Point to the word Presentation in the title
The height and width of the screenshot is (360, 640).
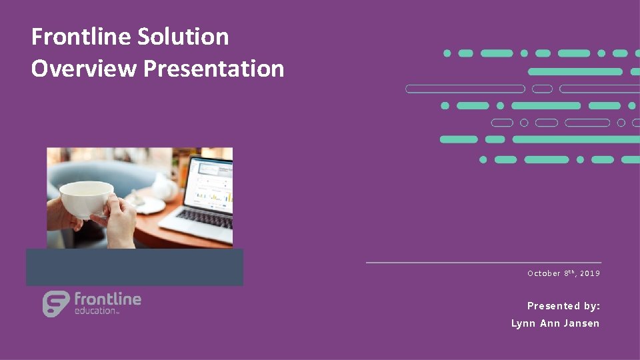pyautogui.click(x=213, y=68)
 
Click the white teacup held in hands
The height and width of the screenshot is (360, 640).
pyautogui.click(x=87, y=199)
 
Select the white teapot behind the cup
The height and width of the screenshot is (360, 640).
pyautogui.click(x=164, y=186)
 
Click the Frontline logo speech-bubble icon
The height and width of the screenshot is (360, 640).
pyautogui.click(x=56, y=304)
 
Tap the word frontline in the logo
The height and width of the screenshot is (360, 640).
pyautogui.click(x=107, y=299)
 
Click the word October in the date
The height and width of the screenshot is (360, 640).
pyautogui.click(x=543, y=273)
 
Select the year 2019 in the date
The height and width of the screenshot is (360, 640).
pyautogui.click(x=590, y=273)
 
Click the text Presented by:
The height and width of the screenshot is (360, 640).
pyautogui.click(x=563, y=306)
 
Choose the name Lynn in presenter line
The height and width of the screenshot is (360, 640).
pyautogui.click(x=522, y=323)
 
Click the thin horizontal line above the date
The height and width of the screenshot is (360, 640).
pyautogui.click(x=483, y=263)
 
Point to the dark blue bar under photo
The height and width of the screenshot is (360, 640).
pyautogui.click(x=134, y=267)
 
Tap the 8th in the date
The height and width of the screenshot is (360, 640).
pyautogui.click(x=569, y=273)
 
